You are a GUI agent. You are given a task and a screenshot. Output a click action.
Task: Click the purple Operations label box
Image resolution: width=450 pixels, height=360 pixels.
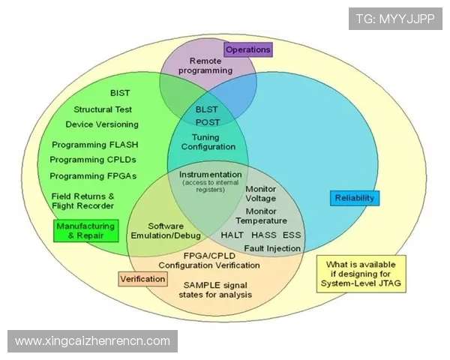[247, 49]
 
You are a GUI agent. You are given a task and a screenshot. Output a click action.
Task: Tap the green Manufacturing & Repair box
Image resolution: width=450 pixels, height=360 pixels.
[86, 230]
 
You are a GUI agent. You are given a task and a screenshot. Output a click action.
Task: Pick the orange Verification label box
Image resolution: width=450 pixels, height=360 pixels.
[142, 279]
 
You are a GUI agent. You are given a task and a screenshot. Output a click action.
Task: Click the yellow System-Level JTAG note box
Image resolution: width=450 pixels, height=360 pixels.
[361, 274]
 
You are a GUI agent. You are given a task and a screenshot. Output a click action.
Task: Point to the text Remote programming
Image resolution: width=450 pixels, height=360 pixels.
[206, 66]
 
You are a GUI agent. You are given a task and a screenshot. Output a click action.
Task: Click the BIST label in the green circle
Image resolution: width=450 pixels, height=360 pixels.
[120, 93]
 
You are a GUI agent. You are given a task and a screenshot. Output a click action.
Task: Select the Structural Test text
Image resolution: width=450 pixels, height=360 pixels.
[103, 109]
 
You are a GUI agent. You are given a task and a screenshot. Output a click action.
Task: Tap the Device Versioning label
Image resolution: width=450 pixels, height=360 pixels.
[102, 124]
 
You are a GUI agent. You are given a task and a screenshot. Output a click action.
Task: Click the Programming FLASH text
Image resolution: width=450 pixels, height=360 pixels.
[95, 144]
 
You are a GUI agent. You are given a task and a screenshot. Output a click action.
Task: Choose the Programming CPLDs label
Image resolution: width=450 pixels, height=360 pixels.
[93, 160]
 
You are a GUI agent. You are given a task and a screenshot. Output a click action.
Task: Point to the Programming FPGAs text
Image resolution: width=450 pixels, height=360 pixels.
[93, 176]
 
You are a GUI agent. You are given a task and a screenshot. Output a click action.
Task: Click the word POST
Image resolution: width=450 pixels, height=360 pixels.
[208, 122]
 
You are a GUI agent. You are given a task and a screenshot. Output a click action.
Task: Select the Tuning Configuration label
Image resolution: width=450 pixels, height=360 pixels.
[208, 142]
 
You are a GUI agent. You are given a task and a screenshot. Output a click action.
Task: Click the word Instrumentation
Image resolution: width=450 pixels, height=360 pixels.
[211, 174]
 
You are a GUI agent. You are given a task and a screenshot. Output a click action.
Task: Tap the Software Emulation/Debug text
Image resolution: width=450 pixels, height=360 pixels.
[166, 230]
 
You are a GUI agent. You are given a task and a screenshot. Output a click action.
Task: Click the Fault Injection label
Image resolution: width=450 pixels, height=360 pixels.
[272, 248]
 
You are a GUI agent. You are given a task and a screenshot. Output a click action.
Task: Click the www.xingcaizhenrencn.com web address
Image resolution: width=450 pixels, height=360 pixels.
[93, 341]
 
